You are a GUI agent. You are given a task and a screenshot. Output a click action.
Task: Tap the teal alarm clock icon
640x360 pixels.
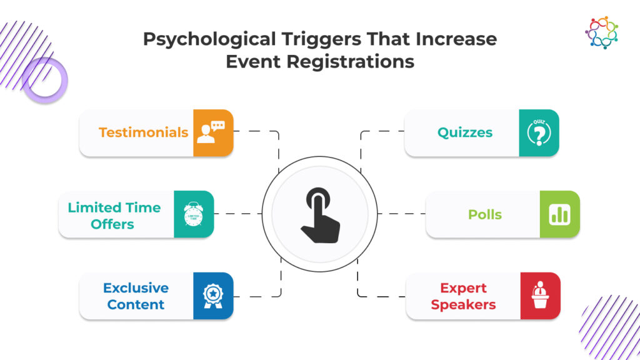pyautogui.click(x=194, y=214)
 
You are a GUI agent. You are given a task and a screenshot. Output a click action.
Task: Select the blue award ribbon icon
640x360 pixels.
pyautogui.click(x=213, y=296)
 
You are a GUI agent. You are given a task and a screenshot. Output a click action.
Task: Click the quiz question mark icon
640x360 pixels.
pyautogui.click(x=539, y=132)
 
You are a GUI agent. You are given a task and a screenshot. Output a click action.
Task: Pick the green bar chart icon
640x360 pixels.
pyautogui.click(x=559, y=214)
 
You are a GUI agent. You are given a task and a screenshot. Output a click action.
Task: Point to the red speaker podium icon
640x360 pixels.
pyautogui.click(x=540, y=296)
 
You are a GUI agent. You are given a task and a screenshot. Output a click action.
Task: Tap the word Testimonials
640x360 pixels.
pyautogui.click(x=143, y=132)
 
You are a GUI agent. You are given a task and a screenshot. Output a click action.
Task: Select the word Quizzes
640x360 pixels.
pyautogui.click(x=465, y=132)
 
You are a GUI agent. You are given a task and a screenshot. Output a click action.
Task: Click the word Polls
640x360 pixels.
pyautogui.click(x=485, y=214)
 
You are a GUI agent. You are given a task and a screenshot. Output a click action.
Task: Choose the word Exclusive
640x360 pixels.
pyautogui.click(x=136, y=288)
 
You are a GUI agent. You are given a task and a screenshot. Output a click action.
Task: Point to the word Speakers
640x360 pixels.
pyautogui.click(x=463, y=305)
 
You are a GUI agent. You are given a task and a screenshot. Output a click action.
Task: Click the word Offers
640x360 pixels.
pyautogui.click(x=112, y=224)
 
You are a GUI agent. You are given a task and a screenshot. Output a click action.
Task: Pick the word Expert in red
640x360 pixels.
pyautogui.click(x=463, y=288)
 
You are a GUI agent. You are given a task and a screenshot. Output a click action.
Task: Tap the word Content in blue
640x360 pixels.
pyautogui.click(x=136, y=305)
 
